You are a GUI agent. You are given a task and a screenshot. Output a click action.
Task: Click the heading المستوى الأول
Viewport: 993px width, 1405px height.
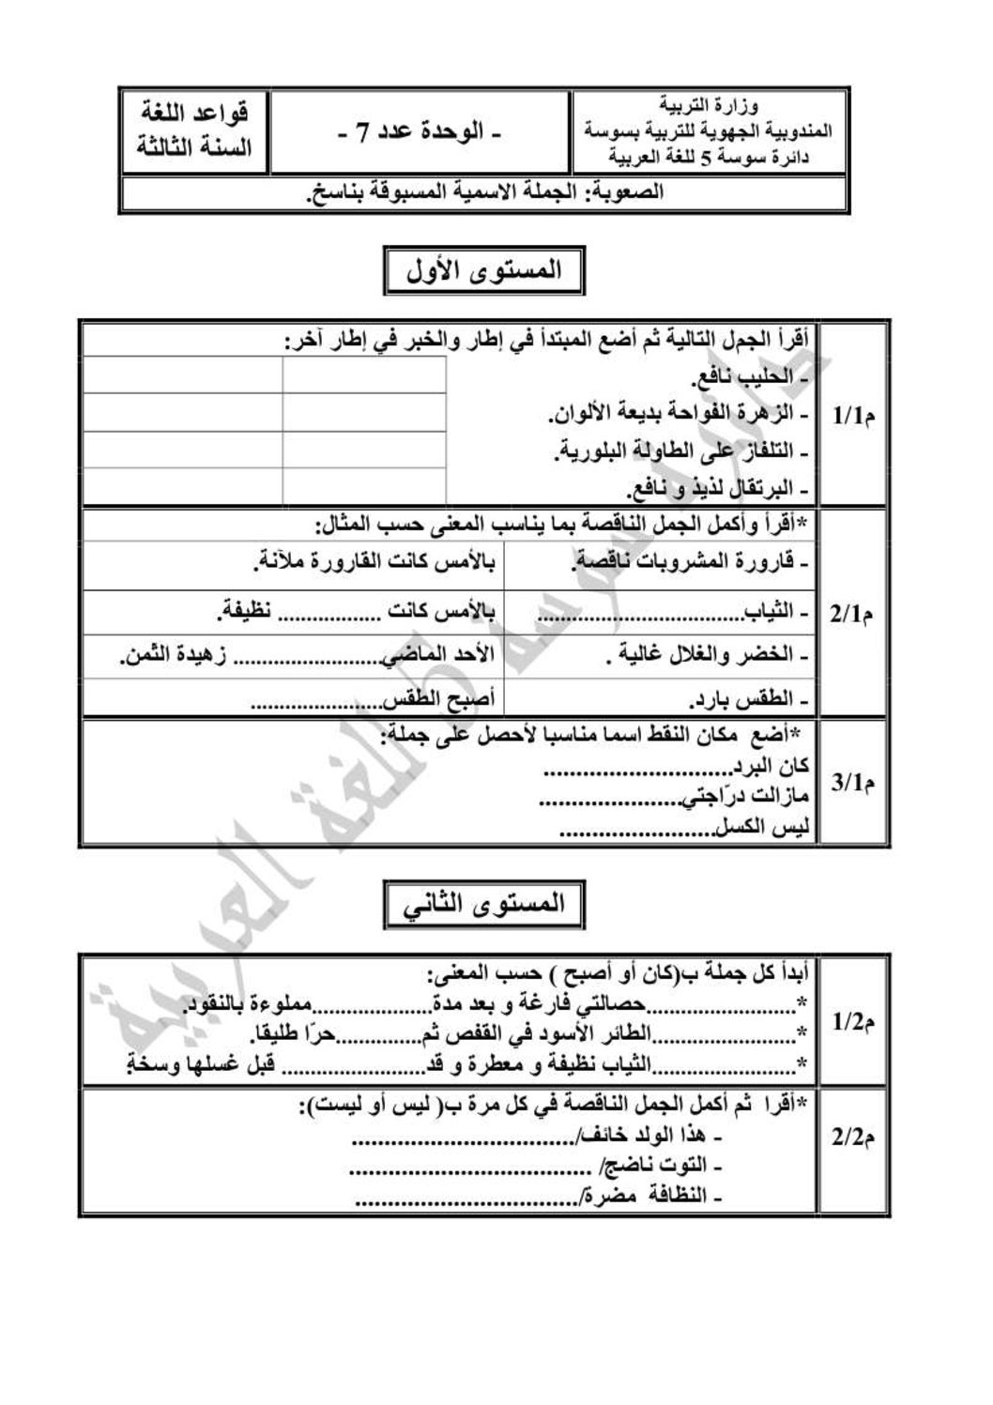tap(484, 271)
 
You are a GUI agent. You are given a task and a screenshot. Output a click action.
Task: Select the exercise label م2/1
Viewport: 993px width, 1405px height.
tap(853, 614)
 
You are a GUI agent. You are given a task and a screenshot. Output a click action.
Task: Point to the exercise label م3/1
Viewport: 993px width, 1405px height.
tap(853, 782)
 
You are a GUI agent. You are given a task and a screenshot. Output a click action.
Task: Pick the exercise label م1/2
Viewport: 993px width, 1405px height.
tap(853, 1022)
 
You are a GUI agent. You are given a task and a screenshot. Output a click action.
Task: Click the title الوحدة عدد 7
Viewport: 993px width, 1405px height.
tap(420, 131)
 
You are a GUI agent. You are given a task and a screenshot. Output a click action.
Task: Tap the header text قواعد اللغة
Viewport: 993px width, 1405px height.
tap(195, 115)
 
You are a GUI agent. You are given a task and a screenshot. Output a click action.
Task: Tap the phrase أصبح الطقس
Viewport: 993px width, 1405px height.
tap(441, 700)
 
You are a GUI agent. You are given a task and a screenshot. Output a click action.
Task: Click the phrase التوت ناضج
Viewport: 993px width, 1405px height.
tap(663, 1167)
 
